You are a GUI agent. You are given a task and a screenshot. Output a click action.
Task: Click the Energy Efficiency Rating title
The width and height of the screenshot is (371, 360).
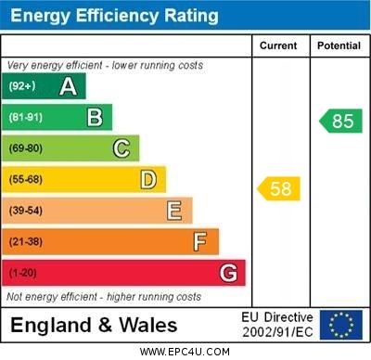point(114,16)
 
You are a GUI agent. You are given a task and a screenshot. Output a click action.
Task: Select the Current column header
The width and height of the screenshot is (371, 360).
point(278,45)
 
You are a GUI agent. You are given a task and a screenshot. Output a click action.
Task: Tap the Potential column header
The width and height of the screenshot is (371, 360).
point(339,45)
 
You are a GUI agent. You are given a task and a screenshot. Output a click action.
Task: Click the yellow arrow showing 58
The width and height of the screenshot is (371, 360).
point(278,189)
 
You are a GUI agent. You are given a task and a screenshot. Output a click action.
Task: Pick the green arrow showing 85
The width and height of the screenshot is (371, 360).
point(339,121)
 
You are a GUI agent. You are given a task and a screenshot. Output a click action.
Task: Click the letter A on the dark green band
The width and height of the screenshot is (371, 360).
point(68,86)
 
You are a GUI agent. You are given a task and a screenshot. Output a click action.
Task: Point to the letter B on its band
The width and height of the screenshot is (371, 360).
point(95,117)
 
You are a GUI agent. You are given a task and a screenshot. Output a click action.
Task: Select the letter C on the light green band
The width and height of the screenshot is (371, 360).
point(122,148)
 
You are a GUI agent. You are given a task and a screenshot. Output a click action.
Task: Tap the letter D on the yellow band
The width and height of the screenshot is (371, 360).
point(148,179)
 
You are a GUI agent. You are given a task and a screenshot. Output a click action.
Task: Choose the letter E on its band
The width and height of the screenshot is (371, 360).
point(174,211)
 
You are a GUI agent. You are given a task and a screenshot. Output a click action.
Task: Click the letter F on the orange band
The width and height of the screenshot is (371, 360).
point(200,241)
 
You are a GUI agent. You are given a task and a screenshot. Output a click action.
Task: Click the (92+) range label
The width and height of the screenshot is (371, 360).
point(23,86)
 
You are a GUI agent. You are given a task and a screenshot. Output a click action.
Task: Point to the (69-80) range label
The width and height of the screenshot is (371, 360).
point(26,148)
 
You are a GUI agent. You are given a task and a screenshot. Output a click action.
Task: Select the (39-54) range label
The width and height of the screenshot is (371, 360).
point(26,211)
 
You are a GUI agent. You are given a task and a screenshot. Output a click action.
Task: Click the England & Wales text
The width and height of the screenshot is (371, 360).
point(94,325)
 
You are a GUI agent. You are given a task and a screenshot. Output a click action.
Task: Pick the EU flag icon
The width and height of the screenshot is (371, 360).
point(340,325)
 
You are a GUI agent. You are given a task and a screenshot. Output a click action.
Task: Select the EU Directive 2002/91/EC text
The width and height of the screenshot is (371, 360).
point(277,325)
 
